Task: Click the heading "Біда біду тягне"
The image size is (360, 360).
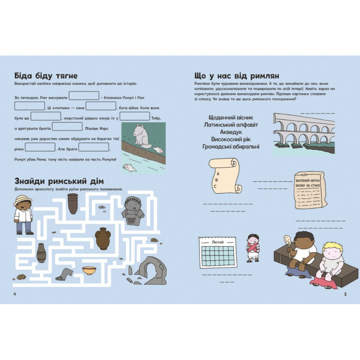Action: [46, 76]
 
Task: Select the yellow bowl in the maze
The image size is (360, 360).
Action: [89, 271]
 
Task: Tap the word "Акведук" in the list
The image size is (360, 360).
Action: [231, 132]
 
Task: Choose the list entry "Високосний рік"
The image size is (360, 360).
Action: [231, 139]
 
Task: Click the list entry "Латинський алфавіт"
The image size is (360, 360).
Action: [231, 125]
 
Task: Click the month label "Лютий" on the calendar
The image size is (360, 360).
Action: [217, 242]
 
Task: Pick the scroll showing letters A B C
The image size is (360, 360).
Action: [225, 175]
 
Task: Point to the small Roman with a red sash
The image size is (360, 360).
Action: [253, 248]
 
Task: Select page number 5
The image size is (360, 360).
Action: [345, 294]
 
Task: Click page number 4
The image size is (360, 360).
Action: [15, 294]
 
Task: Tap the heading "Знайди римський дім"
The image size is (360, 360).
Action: [59, 181]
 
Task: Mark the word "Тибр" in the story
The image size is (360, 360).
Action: [156, 118]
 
